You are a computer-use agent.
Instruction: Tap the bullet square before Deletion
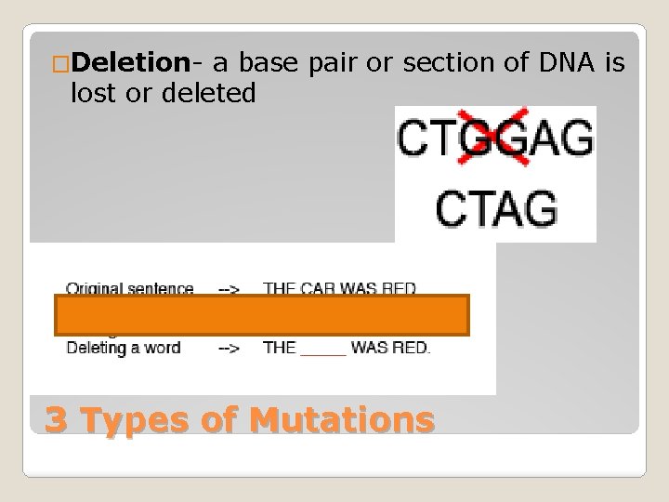(60, 64)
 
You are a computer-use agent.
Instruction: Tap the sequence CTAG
(495, 209)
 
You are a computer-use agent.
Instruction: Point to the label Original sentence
(129, 288)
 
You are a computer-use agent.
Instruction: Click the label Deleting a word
(123, 349)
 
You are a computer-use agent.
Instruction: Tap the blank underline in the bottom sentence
(322, 351)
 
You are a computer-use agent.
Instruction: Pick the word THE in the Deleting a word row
(280, 349)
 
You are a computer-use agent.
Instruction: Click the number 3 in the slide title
(56, 419)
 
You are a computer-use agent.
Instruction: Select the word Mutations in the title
(342, 419)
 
